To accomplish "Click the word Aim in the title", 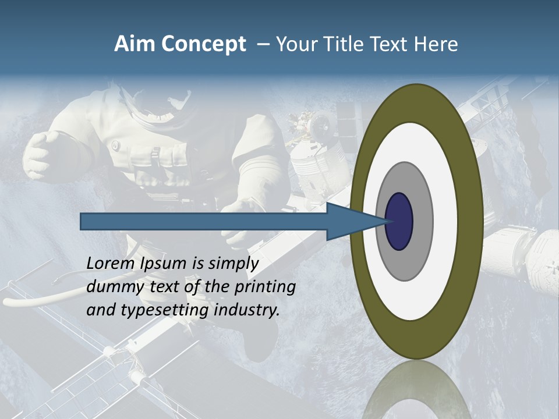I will click(x=135, y=44).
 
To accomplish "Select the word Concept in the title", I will click(x=203, y=44).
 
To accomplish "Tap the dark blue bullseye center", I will click(x=399, y=222).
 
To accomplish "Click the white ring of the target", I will click(x=445, y=222).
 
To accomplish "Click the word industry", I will click(x=247, y=310).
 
